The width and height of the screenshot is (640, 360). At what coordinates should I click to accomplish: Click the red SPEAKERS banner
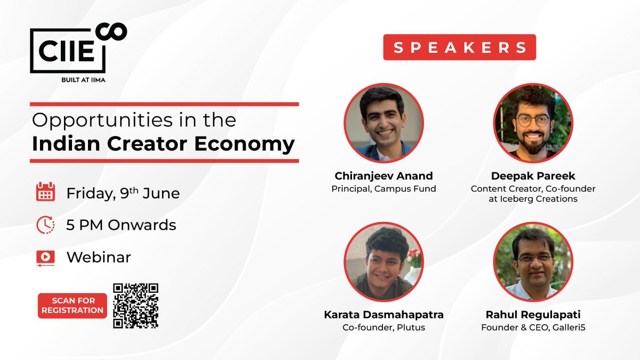[459, 47]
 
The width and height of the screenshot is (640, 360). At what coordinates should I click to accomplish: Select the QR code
[136, 305]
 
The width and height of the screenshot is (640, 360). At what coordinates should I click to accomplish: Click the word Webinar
[99, 257]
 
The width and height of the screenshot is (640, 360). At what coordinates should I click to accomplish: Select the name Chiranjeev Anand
[384, 175]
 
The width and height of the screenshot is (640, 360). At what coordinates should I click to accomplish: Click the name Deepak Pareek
[533, 175]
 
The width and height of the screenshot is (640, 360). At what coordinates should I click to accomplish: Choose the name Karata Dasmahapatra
[384, 315]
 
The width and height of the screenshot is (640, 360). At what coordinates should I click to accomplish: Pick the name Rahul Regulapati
[533, 315]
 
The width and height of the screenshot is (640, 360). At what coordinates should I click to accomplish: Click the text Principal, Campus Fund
[384, 188]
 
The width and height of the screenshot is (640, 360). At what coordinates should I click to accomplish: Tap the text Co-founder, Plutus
[384, 327]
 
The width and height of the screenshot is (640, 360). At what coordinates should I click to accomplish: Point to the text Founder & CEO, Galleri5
[533, 327]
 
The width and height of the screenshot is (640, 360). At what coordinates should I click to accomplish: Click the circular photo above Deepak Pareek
[533, 123]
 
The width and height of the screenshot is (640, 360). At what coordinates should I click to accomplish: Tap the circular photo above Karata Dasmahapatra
[384, 262]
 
